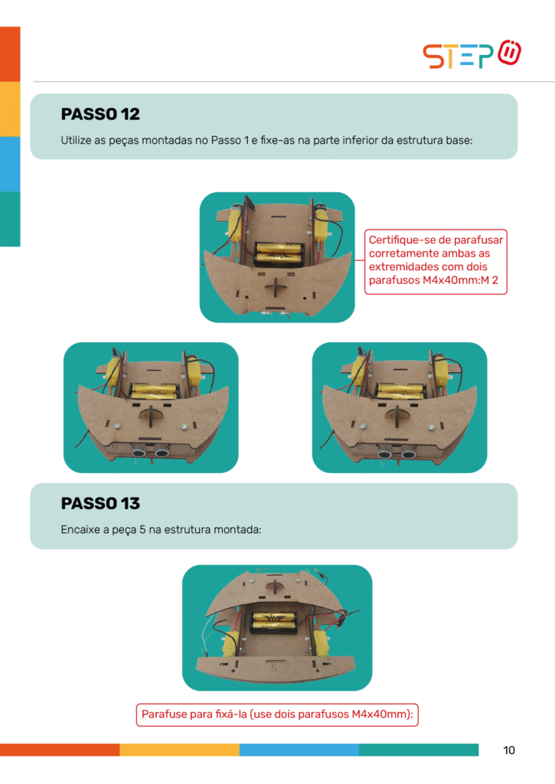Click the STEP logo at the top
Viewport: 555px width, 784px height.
click(x=472, y=54)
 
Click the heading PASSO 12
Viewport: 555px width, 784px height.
click(x=100, y=114)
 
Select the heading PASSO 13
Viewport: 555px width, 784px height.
click(x=100, y=503)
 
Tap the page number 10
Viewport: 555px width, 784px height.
click(x=508, y=750)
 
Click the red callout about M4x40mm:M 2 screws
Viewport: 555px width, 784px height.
click(x=436, y=262)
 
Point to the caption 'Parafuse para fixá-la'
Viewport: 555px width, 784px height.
click(x=277, y=714)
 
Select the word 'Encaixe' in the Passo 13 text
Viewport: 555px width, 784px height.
click(x=80, y=530)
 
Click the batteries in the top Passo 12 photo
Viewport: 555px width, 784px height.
click(x=280, y=253)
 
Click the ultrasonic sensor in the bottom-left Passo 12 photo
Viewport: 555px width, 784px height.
click(x=151, y=452)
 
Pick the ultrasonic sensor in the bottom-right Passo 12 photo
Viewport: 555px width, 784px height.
click(x=397, y=452)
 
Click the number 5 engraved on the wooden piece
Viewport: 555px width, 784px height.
click(x=273, y=668)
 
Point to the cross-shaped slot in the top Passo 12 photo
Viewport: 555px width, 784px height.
click(x=275, y=288)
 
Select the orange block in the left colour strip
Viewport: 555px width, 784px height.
click(x=10, y=54)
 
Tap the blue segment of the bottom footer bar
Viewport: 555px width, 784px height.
click(x=299, y=750)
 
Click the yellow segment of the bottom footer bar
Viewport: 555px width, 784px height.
click(x=179, y=750)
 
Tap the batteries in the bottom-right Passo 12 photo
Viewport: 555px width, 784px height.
click(x=400, y=390)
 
